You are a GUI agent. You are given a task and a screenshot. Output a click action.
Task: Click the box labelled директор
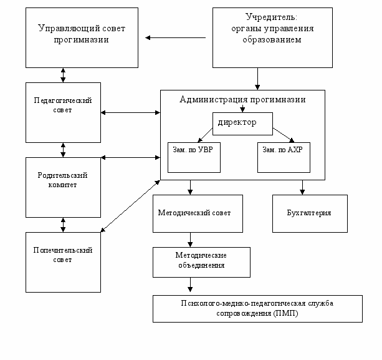point(242,124)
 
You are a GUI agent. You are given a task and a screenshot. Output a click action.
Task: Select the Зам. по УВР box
point(194,158)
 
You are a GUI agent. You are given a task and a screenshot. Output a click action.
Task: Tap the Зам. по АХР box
point(284,158)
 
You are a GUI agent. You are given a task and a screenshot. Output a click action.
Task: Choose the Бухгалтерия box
point(310,213)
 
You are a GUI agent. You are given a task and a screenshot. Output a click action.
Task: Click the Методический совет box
point(198,213)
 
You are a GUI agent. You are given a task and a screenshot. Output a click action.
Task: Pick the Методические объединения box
point(201,262)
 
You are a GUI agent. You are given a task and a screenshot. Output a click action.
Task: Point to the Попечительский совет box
point(63,262)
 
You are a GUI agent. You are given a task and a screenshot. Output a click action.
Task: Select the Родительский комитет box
point(63,187)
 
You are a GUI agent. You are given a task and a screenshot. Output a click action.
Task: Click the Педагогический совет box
point(63,112)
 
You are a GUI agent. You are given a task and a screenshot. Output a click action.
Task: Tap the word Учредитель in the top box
point(271,17)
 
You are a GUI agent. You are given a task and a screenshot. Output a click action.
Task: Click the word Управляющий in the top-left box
point(69,29)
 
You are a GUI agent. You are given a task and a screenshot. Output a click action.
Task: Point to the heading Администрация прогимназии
point(242,99)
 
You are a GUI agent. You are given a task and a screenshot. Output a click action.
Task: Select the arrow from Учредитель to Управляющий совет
point(175,37)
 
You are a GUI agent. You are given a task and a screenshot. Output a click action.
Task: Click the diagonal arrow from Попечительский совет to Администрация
point(130,206)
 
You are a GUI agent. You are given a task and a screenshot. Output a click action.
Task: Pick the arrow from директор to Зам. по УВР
point(205,135)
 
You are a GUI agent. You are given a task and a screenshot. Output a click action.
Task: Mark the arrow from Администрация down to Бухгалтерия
point(302,187)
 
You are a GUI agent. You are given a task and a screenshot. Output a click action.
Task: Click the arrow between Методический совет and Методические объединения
point(190,240)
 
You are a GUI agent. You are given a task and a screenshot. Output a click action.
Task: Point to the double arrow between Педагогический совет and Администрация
point(130,112)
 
